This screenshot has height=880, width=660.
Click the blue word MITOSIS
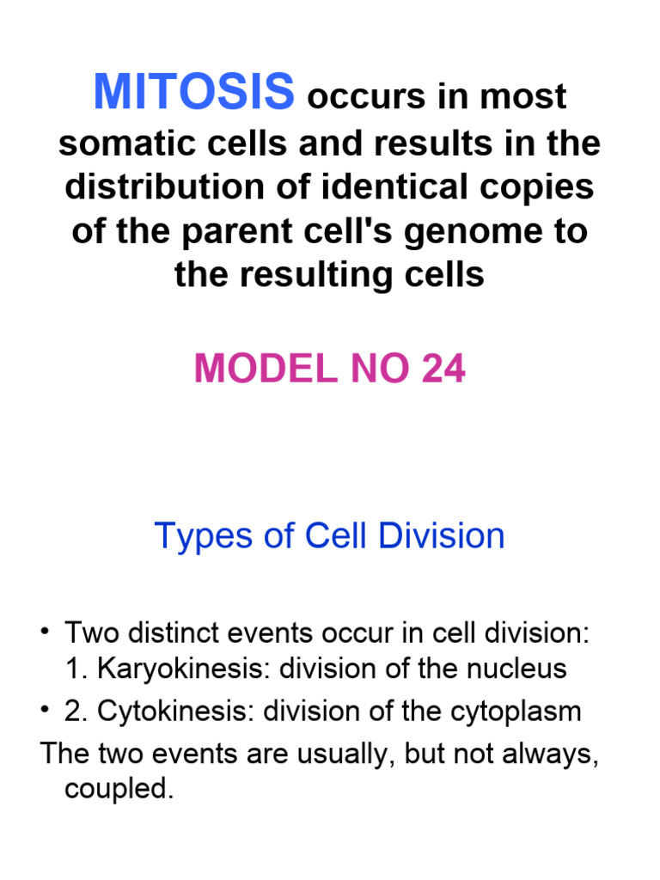tap(194, 92)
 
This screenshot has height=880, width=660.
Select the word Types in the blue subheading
tap(196, 536)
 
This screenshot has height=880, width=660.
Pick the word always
tap(556, 755)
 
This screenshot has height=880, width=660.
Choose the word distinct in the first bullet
tap(165, 634)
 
